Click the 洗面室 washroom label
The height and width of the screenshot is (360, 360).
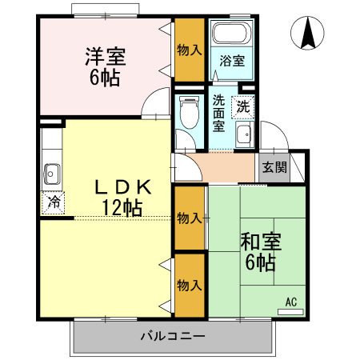coord(219,114)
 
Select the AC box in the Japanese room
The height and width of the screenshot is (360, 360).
coord(291,302)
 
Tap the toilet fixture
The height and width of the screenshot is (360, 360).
coord(190,111)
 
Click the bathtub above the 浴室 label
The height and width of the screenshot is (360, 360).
coord(232,36)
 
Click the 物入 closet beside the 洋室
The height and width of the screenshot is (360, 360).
coord(190,50)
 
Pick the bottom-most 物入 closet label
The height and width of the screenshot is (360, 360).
coord(189,285)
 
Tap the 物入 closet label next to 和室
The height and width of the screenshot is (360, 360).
coord(189,218)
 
